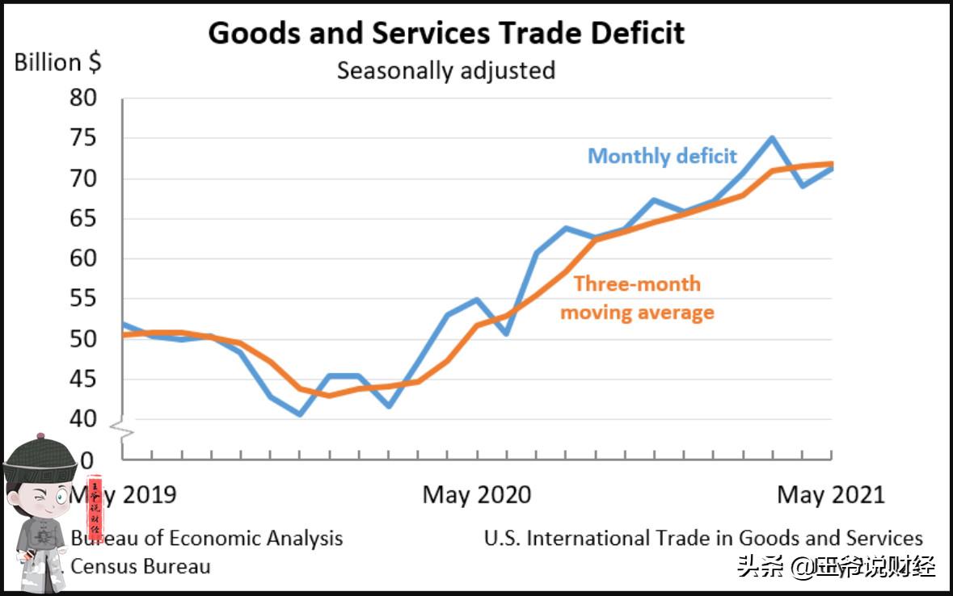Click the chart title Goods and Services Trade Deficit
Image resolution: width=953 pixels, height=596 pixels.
[x=446, y=33]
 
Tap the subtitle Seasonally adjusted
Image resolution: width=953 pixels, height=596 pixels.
[x=445, y=71]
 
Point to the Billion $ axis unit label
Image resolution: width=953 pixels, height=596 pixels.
[x=58, y=63]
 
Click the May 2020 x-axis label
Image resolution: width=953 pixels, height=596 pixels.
[x=477, y=494]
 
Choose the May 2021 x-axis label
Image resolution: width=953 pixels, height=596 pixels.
[x=831, y=494]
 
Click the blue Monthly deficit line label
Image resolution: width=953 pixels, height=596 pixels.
[x=662, y=156]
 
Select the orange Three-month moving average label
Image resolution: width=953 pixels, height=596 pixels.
[x=637, y=298]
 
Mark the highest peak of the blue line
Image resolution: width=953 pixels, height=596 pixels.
[x=772, y=138]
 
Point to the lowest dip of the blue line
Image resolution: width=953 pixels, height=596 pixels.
[x=300, y=414]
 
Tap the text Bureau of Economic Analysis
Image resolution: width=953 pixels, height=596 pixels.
[x=206, y=539]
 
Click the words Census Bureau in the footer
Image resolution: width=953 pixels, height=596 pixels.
[x=140, y=566]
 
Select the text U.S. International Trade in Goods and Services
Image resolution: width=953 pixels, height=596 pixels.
[x=703, y=539]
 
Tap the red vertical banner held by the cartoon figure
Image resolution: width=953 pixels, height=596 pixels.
[x=95, y=509]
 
